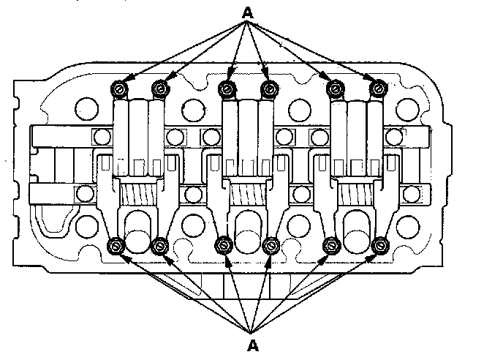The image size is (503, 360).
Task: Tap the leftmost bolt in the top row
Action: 119,89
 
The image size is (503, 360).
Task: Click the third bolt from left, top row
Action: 227,89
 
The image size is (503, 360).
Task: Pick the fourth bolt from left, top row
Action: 268,89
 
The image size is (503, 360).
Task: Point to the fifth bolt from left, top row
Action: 336,89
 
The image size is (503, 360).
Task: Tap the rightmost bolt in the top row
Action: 377,89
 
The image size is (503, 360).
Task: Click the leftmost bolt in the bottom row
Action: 116,246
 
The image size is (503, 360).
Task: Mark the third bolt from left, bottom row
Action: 224,246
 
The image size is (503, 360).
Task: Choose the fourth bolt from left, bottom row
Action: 271,246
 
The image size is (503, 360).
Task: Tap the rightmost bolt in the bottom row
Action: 379,246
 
